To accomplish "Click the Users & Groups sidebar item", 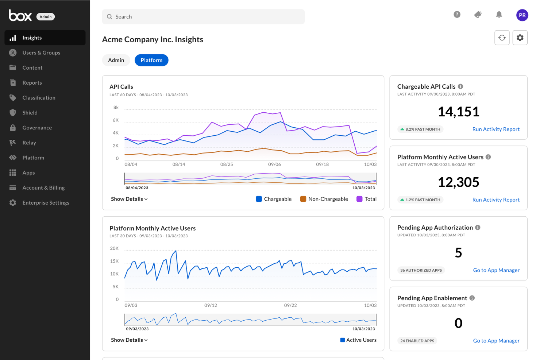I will [41, 53].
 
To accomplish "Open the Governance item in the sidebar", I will [37, 128].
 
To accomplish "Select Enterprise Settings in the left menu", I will [46, 203].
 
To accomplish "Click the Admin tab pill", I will [116, 60].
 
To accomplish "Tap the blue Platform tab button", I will [151, 60].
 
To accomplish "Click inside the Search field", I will [203, 17].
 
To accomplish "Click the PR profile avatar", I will [522, 15].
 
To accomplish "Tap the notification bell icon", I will [499, 15].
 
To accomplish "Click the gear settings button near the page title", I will [520, 38].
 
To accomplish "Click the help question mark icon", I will [457, 15].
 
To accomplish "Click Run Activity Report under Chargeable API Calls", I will [496, 129].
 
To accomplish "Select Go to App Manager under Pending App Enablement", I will [496, 341].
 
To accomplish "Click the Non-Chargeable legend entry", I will [324, 199].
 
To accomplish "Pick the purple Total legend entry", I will [366, 199].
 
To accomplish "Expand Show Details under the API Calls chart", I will [129, 199].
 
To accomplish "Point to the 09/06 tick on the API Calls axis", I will [274, 164].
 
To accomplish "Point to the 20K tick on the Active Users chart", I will [114, 248].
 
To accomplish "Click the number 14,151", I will [458, 112].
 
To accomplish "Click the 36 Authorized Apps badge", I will [421, 270].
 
